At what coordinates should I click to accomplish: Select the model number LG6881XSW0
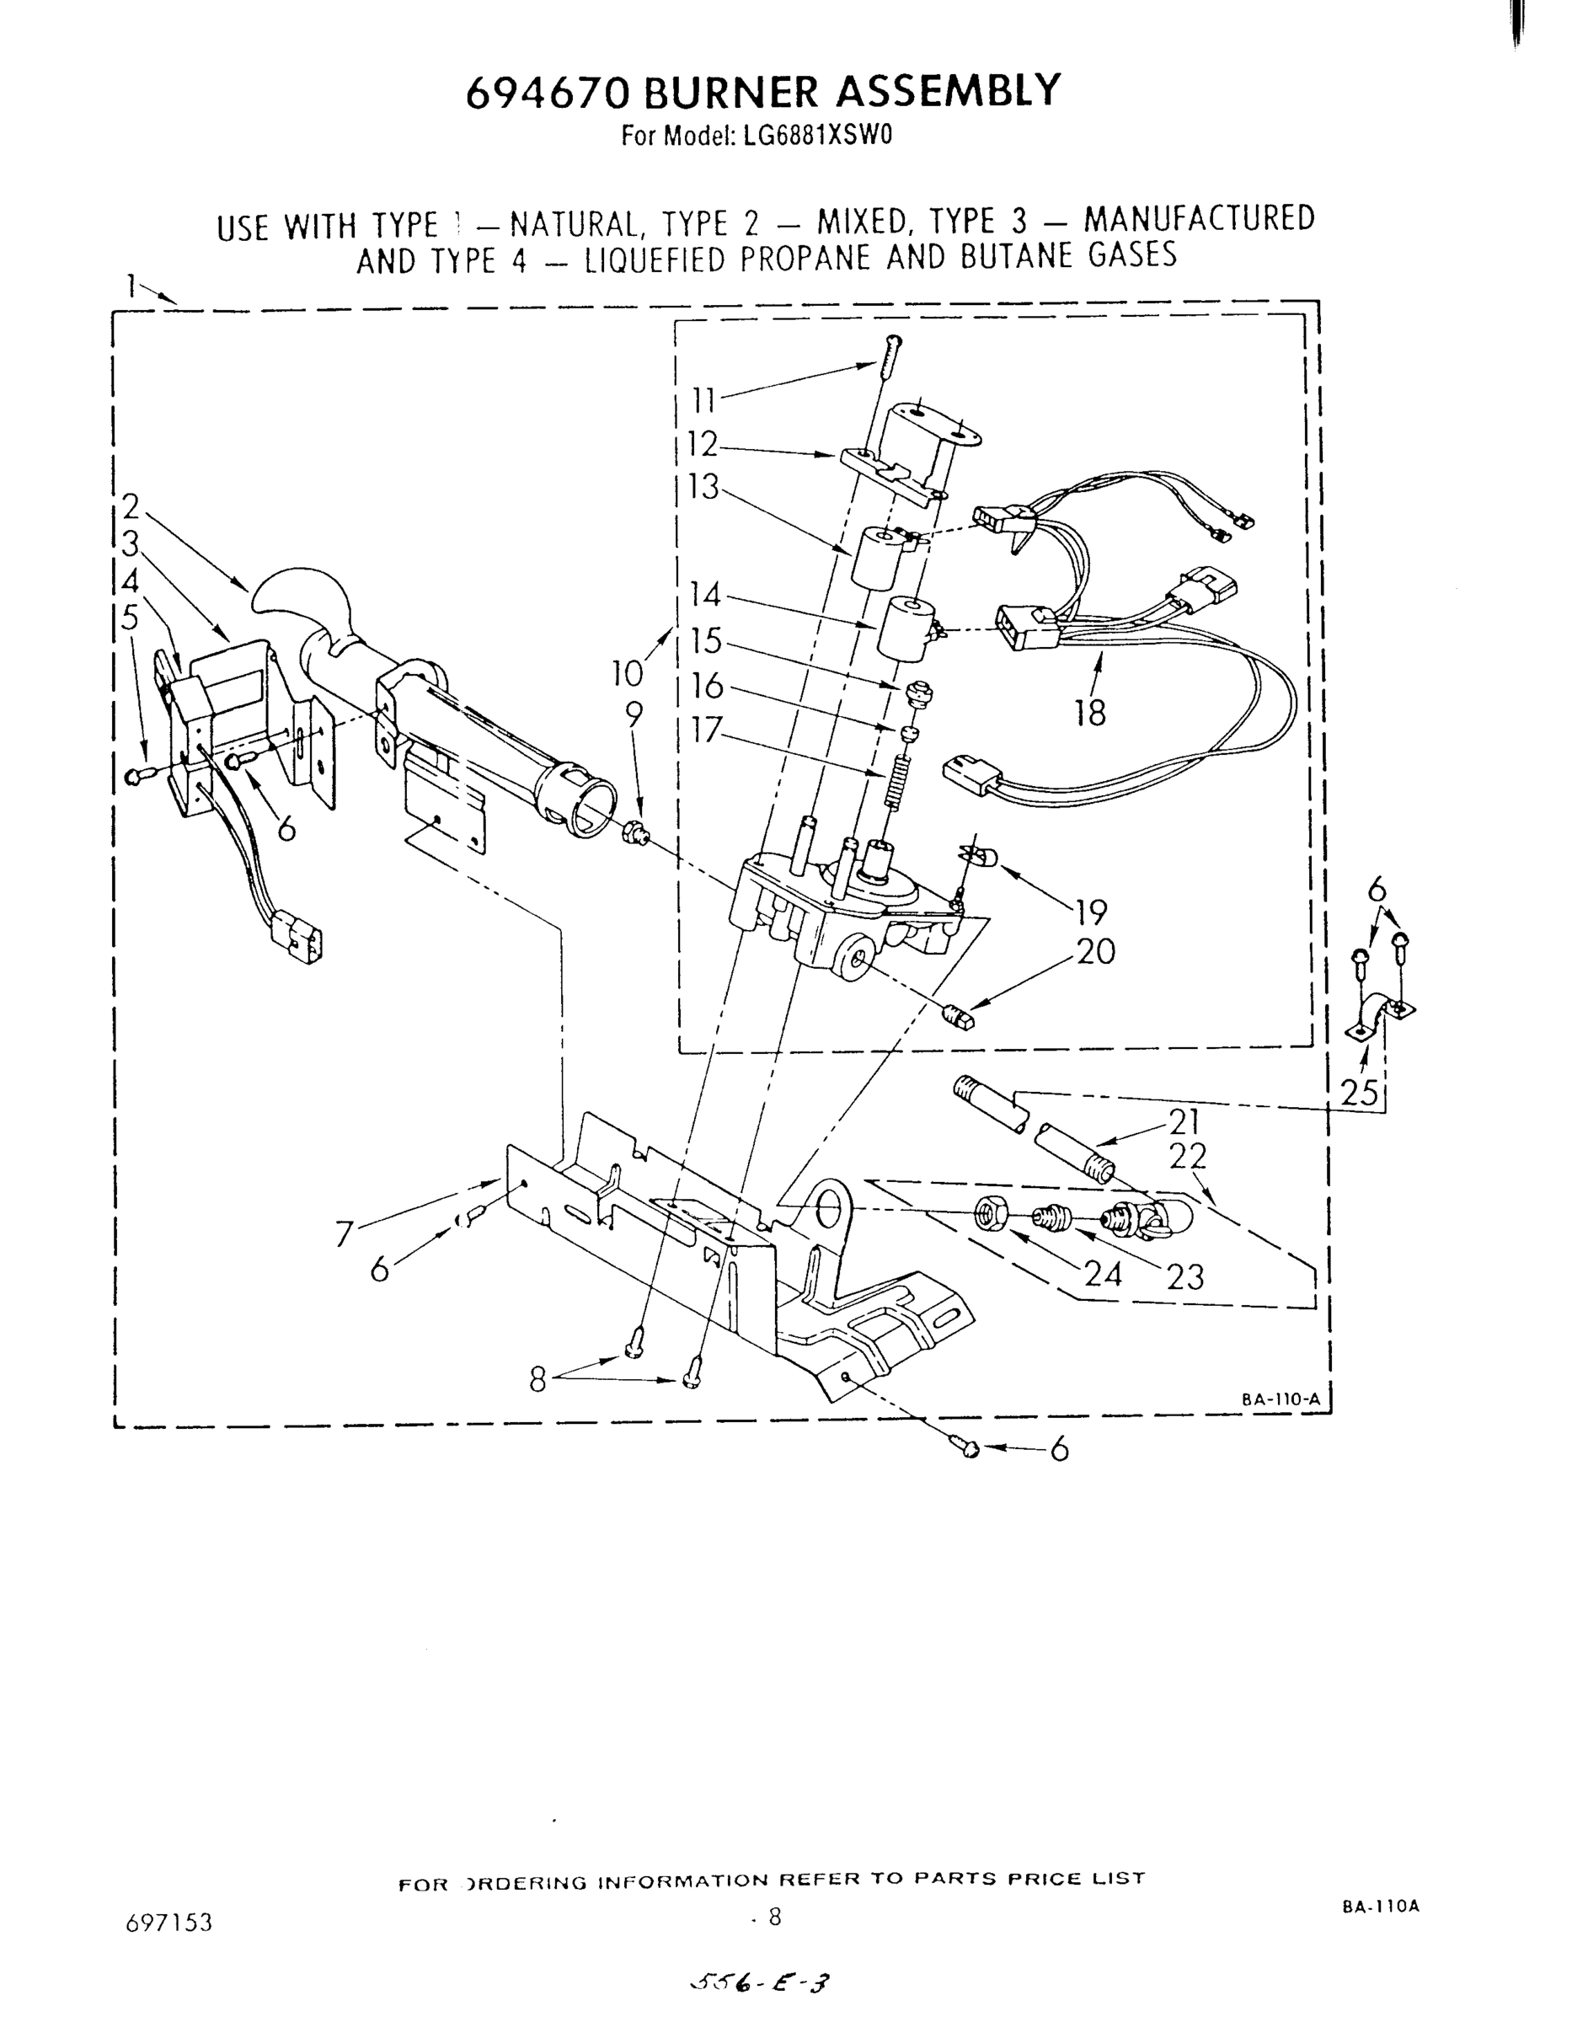pyautogui.click(x=815, y=136)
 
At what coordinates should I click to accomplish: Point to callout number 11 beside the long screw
pyautogui.click(x=703, y=401)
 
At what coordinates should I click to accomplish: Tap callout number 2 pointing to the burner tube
pyautogui.click(x=131, y=506)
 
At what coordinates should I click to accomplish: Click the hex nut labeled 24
pyautogui.click(x=989, y=1212)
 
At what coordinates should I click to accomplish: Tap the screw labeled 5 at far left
pyautogui.click(x=134, y=775)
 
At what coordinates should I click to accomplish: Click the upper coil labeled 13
pyautogui.click(x=878, y=557)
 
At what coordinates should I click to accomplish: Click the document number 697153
pyautogui.click(x=169, y=1923)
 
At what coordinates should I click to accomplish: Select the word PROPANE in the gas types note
pyautogui.click(x=807, y=258)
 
